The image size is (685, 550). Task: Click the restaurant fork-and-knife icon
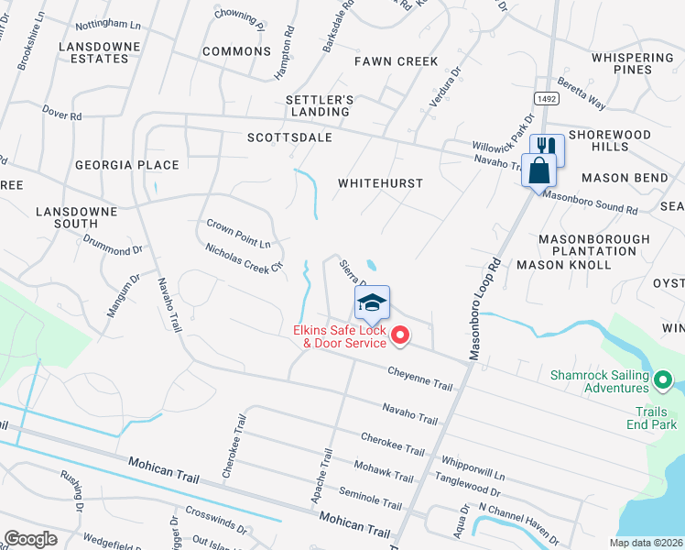(547, 148)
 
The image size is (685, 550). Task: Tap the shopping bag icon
(538, 170)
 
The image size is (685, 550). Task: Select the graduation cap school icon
(373, 302)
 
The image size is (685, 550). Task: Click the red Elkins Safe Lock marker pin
(399, 337)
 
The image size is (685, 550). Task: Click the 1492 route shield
(546, 98)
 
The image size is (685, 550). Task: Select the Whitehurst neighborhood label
(380, 183)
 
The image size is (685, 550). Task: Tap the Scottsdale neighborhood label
(289, 137)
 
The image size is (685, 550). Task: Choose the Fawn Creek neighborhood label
(397, 61)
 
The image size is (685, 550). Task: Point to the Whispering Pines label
(632, 64)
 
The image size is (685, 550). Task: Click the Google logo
(31, 539)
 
